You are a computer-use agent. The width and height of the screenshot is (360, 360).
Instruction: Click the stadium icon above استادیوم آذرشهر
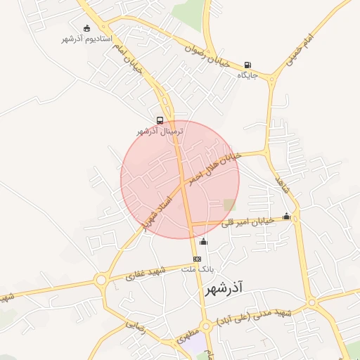(x=86, y=28)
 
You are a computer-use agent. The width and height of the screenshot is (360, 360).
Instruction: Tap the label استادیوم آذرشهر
(x=86, y=38)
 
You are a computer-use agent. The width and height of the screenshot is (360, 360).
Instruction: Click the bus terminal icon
(x=160, y=120)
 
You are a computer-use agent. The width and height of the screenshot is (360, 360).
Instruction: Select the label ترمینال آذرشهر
(x=160, y=131)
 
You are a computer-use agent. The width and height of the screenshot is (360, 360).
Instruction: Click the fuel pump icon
(x=247, y=65)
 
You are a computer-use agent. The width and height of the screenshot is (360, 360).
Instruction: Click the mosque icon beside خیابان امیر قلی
(x=286, y=217)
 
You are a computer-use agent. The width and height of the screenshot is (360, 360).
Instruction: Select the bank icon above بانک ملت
(x=197, y=259)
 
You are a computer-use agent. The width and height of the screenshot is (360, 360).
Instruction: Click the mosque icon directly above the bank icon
(x=204, y=243)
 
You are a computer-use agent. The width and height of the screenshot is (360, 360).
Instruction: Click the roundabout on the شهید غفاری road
(x=101, y=280)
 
